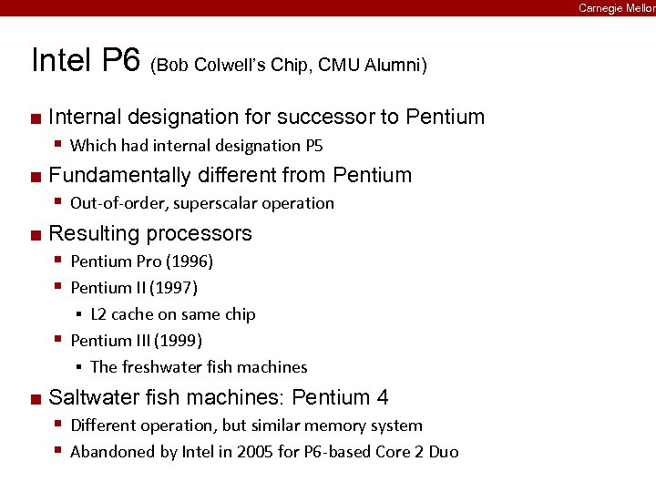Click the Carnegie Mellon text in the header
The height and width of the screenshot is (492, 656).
coord(616,7)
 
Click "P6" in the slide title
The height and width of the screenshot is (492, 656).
coord(120,61)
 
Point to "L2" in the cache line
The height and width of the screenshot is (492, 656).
coord(98,314)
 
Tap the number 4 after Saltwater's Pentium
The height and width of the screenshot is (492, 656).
coord(383,397)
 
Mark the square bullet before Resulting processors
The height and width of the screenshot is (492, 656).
coord(35,234)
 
